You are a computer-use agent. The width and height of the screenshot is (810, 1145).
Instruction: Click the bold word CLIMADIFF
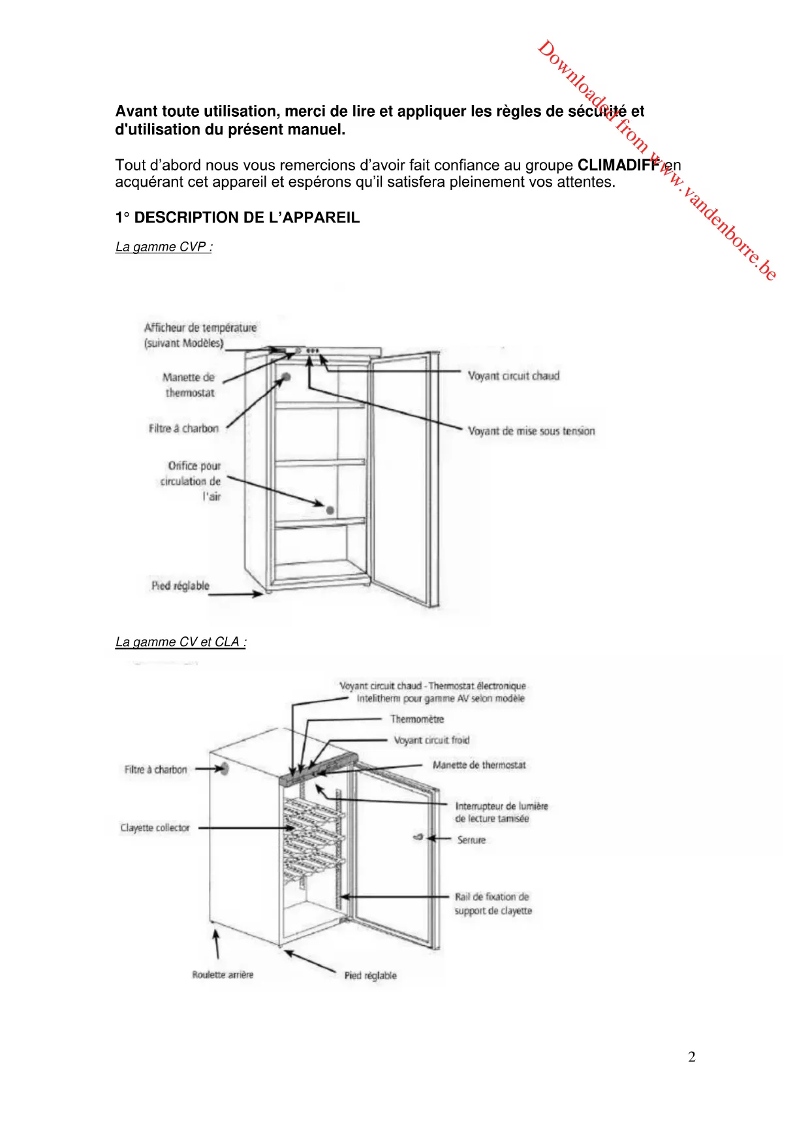(x=617, y=165)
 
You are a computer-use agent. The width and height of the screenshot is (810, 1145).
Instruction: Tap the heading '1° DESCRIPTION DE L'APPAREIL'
(x=238, y=218)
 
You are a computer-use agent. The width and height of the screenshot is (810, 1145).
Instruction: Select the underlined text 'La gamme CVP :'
(x=164, y=247)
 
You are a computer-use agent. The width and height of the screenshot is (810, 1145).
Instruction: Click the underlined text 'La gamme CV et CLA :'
(x=181, y=642)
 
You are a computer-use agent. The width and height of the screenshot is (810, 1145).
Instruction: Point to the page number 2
(x=692, y=1057)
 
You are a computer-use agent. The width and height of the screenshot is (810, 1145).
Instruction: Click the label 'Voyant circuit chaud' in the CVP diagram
(x=514, y=376)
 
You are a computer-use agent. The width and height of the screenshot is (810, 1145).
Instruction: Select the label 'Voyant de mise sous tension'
(x=531, y=431)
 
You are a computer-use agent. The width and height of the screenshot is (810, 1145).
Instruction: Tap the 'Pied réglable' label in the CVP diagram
(x=180, y=586)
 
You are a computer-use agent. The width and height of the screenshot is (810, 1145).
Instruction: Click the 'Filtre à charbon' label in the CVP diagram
(x=183, y=428)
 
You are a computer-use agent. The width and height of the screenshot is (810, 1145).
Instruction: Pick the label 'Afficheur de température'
(x=200, y=328)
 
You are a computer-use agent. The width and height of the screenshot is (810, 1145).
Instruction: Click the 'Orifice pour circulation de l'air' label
(x=191, y=481)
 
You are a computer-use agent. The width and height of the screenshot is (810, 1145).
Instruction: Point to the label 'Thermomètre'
(x=417, y=719)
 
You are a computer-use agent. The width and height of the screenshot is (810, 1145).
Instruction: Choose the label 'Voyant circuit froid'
(x=431, y=740)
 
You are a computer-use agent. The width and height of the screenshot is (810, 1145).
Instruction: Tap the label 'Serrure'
(x=471, y=840)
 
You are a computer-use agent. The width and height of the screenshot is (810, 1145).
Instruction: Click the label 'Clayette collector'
(x=155, y=828)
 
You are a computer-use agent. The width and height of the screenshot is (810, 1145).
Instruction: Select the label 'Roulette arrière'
(x=223, y=975)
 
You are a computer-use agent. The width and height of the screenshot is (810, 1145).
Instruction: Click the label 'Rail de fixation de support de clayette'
(x=493, y=903)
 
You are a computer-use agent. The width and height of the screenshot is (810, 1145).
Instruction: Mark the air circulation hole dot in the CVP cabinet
(x=330, y=510)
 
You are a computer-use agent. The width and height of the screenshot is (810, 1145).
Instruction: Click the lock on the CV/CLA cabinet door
(x=418, y=837)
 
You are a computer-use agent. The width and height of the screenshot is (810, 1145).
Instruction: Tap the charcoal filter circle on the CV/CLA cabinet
(x=225, y=768)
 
